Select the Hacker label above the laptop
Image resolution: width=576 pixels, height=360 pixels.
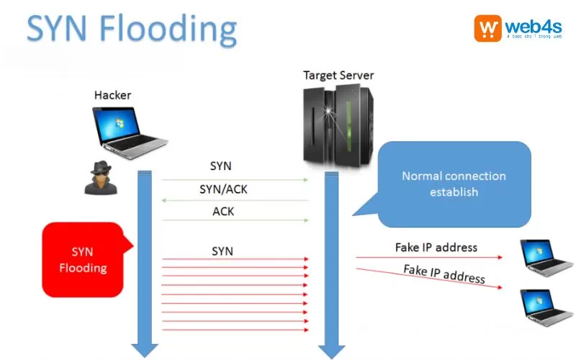[x=113, y=95]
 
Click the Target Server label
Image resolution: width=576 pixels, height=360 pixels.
[x=338, y=75]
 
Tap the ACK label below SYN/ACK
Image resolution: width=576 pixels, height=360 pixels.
[x=223, y=212]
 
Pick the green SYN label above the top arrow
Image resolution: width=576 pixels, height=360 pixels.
[x=221, y=166]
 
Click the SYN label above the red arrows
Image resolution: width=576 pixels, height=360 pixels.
[x=222, y=251]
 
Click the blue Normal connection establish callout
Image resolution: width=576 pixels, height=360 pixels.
[x=454, y=184]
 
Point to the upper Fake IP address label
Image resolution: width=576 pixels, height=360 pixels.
[x=436, y=247]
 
